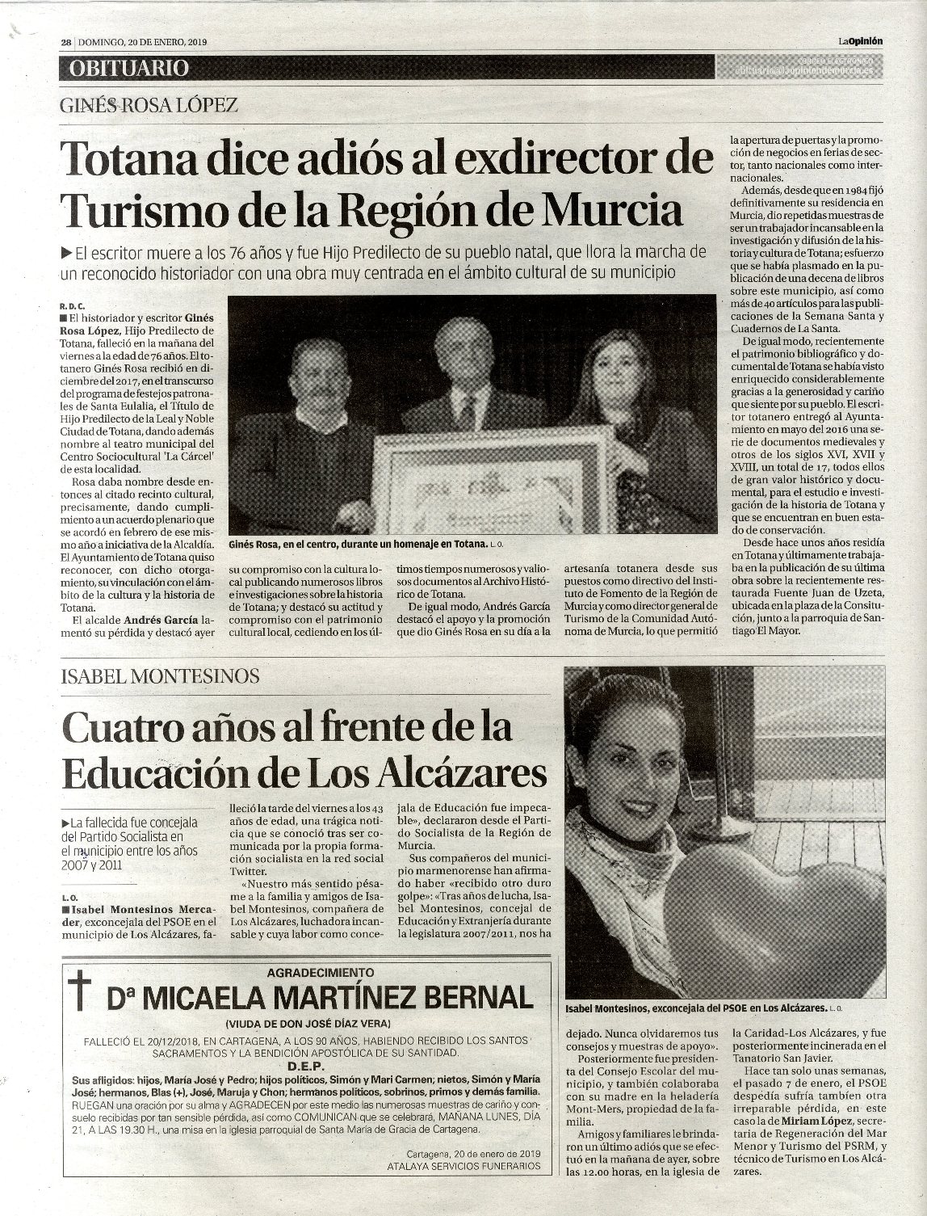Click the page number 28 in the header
[x=68, y=43]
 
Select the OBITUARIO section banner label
[x=128, y=68]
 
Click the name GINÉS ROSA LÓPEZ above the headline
[x=149, y=106]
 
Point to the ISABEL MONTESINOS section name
[x=161, y=675]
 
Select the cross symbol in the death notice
[x=82, y=995]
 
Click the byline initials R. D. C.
[x=73, y=307]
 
